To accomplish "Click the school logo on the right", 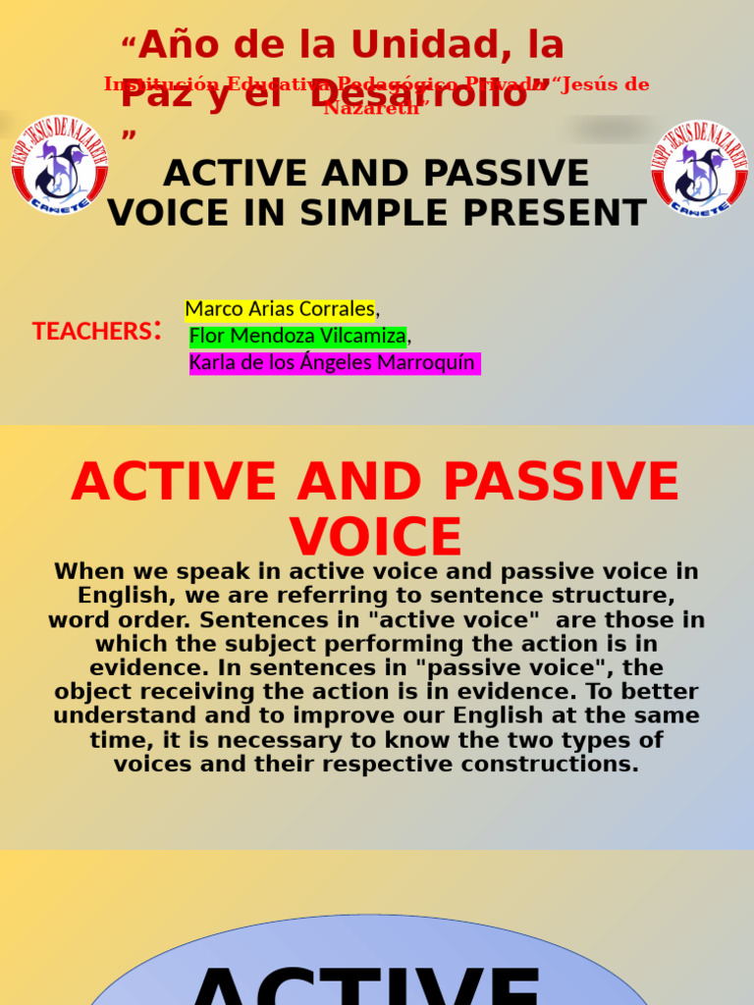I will tap(700, 169).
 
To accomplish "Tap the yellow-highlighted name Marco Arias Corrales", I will tap(280, 309).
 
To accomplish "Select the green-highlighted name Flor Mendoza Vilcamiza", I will tap(297, 337).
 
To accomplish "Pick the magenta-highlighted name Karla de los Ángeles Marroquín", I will tap(332, 363).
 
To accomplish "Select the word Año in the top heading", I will tap(175, 45).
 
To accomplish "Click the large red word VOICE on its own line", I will tap(376, 537).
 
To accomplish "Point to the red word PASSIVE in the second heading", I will tap(561, 482).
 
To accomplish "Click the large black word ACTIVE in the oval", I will tap(368, 986).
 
